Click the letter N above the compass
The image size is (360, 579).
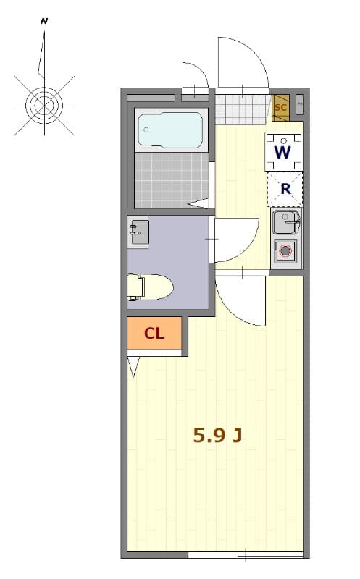(44, 22)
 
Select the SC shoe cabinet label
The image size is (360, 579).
(281, 108)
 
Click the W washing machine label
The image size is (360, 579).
(283, 152)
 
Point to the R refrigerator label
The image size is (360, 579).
(285, 189)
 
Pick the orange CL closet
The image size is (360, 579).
(154, 333)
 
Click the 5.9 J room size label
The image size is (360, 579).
(217, 434)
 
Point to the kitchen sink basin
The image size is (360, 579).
(287, 221)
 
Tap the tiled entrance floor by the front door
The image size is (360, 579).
(243, 110)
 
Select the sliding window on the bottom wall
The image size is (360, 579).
(245, 555)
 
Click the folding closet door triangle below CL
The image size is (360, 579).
(133, 367)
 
